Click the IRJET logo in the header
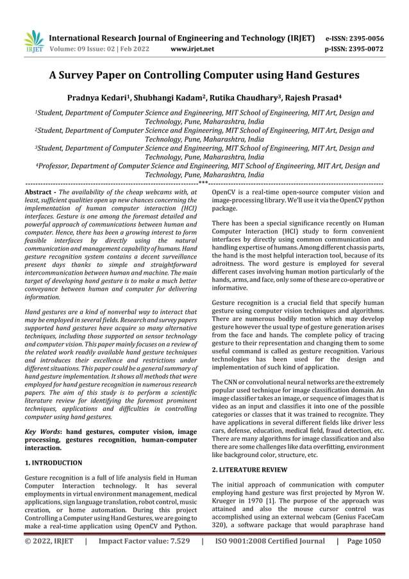click(x=34, y=41)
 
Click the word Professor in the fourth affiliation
click(x=55, y=166)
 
